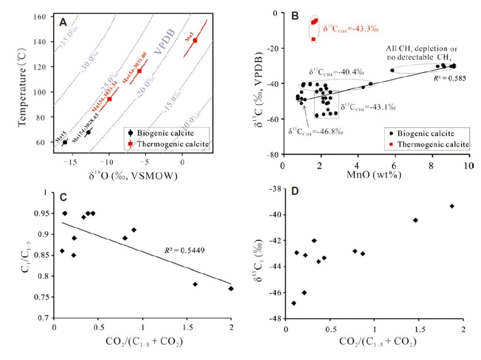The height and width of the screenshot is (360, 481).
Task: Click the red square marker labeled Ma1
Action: point(195,40)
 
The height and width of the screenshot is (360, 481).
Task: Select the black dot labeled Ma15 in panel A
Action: point(65,142)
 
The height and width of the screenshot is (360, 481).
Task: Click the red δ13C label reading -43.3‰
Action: point(350,29)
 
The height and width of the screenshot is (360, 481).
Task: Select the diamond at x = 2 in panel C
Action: point(231,289)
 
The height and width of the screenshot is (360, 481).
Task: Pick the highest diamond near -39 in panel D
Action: point(452,206)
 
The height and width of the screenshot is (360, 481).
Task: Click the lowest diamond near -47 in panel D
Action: point(294,303)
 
